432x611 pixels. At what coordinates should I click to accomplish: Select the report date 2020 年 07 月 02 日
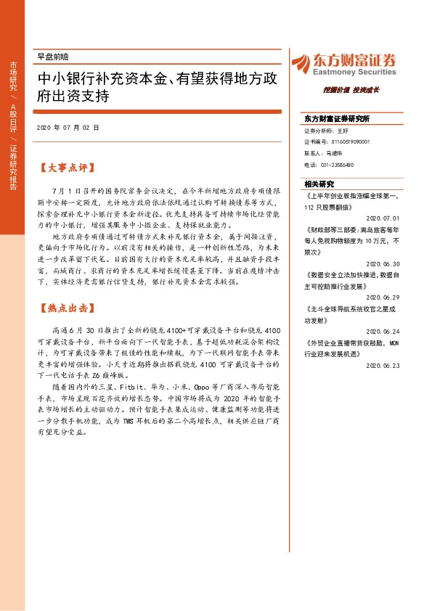(x=67, y=128)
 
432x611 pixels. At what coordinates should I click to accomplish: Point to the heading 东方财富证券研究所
(x=337, y=118)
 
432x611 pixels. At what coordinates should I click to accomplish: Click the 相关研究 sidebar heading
(x=319, y=184)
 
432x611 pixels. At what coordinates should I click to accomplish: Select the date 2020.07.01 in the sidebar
(x=383, y=216)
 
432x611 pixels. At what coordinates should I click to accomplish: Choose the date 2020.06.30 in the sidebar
(x=383, y=264)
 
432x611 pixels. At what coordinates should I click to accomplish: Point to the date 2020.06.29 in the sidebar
(x=383, y=296)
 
